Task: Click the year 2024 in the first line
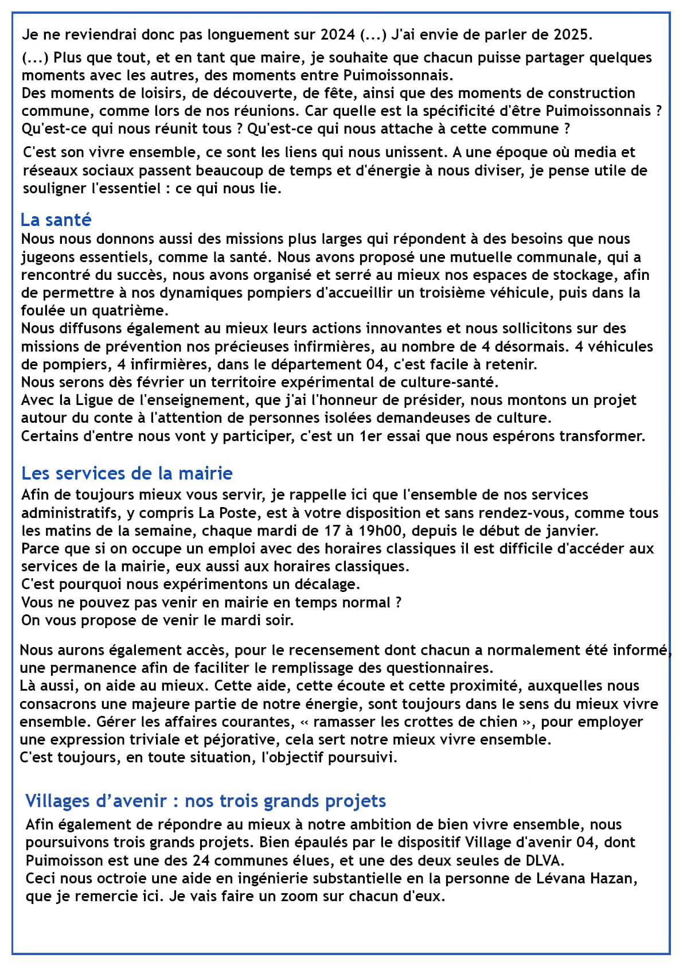[338, 34]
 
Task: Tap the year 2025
[571, 34]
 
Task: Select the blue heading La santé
[56, 220]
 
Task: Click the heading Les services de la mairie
[127, 473]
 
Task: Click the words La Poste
[224, 513]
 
